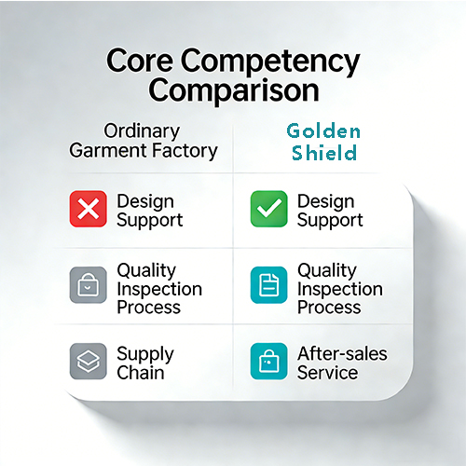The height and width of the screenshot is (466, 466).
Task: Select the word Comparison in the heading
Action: [x=234, y=90]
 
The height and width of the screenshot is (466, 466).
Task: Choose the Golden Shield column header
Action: [x=322, y=140]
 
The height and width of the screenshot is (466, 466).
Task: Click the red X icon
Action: [x=89, y=210]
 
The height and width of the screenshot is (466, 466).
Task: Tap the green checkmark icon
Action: [x=268, y=210]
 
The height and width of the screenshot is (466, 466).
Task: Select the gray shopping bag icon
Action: [x=89, y=285]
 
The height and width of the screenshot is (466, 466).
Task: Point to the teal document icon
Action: [x=268, y=285]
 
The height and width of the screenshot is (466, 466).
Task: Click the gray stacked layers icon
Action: [x=89, y=361]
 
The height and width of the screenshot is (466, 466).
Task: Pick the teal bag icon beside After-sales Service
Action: [x=268, y=361]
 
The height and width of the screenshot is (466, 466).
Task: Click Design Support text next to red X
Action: [x=149, y=211]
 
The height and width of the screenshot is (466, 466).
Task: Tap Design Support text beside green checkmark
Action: [x=330, y=211]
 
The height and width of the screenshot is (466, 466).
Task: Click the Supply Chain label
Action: [x=144, y=363]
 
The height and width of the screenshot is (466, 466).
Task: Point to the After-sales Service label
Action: [x=341, y=363]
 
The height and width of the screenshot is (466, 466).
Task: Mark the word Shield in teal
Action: [x=322, y=152]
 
